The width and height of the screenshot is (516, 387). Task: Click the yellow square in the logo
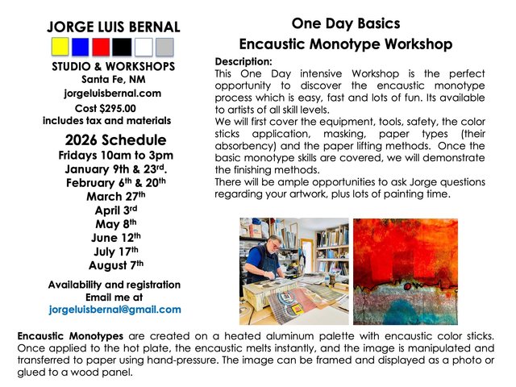60,47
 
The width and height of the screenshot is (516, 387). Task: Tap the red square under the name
102,47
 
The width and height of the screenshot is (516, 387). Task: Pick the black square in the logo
123,47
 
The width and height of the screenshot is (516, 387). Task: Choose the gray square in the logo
164,47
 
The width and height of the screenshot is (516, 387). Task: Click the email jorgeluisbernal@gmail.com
115,309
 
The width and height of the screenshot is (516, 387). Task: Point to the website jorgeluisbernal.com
118,93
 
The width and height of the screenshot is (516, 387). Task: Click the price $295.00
119,107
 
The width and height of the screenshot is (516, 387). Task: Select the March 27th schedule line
117,196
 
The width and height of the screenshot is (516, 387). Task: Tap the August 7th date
116,264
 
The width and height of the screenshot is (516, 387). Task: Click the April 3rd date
117,210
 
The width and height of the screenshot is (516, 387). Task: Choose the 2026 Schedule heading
116,139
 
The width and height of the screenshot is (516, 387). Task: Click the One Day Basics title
345,23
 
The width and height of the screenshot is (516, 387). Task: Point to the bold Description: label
243,61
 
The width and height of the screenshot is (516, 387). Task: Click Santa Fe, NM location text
117,79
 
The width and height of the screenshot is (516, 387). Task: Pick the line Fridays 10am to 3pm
116,155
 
